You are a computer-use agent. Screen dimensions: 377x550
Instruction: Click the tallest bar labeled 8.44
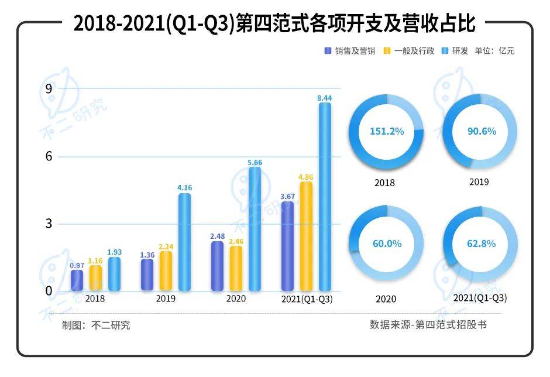point(324,197)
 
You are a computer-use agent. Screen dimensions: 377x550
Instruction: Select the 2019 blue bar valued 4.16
point(184,242)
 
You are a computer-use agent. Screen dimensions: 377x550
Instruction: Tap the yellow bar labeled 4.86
point(306,236)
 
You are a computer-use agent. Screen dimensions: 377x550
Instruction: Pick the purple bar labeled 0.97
point(77,280)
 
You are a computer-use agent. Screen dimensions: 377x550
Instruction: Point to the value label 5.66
point(255,162)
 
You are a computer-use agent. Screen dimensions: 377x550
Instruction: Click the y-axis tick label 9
point(49,88)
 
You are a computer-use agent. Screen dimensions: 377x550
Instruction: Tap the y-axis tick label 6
point(49,156)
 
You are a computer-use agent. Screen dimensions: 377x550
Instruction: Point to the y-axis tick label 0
point(49,291)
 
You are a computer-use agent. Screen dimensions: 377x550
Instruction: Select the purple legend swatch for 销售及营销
point(328,51)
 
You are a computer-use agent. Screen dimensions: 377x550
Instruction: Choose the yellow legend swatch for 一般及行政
point(387,51)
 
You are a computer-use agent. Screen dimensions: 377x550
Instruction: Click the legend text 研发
point(459,51)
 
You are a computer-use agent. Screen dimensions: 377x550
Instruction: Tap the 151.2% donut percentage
point(386,132)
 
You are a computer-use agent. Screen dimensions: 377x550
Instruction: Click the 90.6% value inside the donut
point(481,132)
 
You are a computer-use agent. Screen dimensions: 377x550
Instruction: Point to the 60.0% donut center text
point(386,244)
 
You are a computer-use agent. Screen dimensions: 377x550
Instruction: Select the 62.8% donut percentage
point(481,244)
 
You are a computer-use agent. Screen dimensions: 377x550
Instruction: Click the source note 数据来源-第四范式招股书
point(428,324)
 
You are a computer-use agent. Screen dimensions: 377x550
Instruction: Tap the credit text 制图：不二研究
point(96,325)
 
